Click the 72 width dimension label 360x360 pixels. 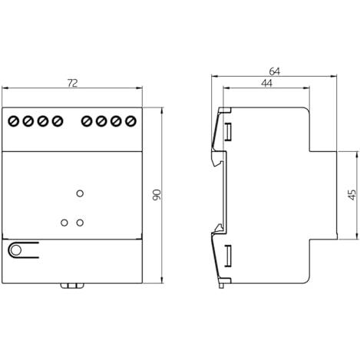72,83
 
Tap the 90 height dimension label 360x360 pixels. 157,195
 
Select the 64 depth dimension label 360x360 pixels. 275,71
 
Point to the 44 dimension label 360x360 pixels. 266,83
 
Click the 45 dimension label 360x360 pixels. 352,195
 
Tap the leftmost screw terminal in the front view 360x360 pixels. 14,121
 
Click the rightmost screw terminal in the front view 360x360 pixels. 130,121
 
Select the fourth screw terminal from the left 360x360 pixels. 58,121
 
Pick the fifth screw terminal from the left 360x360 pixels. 87,121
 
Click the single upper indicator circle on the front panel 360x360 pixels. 80,193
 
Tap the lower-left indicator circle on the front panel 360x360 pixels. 64,223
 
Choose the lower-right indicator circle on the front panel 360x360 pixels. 80,223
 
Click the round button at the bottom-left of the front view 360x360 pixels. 16,250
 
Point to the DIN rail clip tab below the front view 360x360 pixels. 72,286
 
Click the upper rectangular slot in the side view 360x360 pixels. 228,132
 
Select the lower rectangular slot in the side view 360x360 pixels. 228,256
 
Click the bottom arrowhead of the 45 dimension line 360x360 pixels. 356,236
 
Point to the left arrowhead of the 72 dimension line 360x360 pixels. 5,88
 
